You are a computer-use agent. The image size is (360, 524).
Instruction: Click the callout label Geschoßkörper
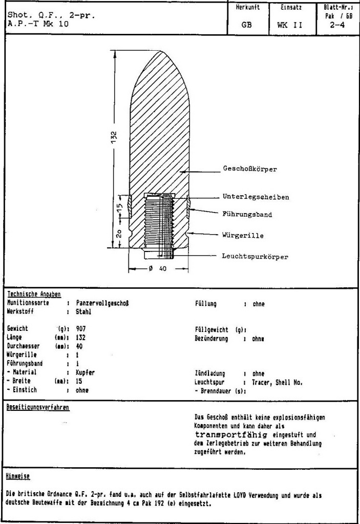pos(249,169)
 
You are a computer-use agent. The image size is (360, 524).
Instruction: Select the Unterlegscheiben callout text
pos(256,197)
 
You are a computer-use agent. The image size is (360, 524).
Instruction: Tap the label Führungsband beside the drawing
pos(247,215)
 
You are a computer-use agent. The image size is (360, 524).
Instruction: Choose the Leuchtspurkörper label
pos(255,256)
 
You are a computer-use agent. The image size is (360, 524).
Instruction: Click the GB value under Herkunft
pos(246,24)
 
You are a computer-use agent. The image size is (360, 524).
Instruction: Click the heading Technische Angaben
pos(34,294)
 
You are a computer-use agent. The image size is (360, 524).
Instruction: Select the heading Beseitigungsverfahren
pos(38,408)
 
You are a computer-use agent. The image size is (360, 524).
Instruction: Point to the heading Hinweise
pos(19,476)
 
